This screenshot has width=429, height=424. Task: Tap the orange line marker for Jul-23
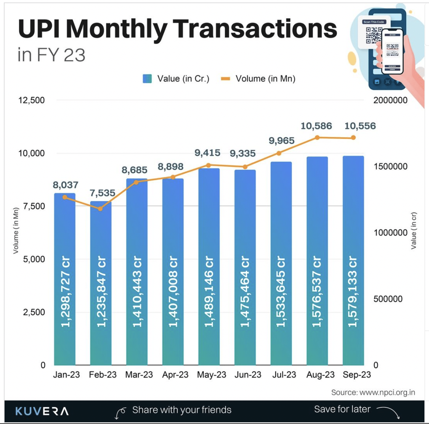pyautogui.click(x=279, y=153)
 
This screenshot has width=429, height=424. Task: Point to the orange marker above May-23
pyautogui.click(x=208, y=165)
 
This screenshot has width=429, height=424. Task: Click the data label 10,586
pyautogui.click(x=316, y=126)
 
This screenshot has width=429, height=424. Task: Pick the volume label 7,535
pyautogui.click(x=102, y=193)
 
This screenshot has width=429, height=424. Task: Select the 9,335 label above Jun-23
pyautogui.click(x=243, y=153)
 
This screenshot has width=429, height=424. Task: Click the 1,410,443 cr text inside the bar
pyautogui.click(x=137, y=292)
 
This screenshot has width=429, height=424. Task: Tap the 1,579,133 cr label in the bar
pyautogui.click(x=353, y=292)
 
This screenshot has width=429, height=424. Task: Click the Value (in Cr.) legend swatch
pyautogui.click(x=147, y=78)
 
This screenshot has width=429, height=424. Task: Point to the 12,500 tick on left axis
pyautogui.click(x=32, y=100)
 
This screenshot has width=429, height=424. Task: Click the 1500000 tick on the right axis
pyautogui.click(x=390, y=166)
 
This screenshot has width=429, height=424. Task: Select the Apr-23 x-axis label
pyautogui.click(x=175, y=375)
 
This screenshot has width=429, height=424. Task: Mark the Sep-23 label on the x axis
pyautogui.click(x=357, y=375)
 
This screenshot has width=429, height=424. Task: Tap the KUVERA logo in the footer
pyautogui.click(x=42, y=411)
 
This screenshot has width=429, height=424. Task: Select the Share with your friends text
pyautogui.click(x=181, y=410)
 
